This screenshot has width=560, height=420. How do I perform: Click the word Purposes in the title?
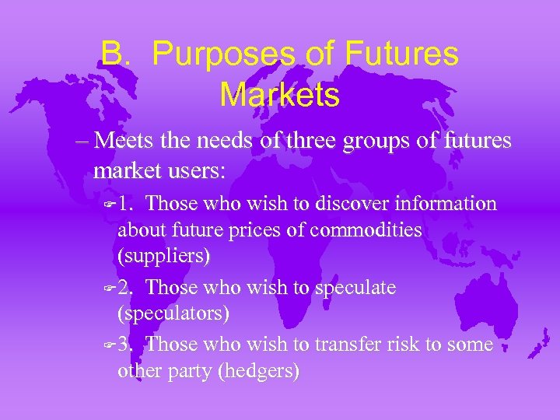point(223,54)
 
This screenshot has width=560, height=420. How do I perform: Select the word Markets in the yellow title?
point(280,95)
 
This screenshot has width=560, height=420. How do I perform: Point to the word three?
point(317,141)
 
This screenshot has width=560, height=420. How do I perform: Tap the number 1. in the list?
point(128,204)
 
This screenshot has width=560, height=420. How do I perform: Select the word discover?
point(354,204)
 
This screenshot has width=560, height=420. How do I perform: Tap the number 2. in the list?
point(128,288)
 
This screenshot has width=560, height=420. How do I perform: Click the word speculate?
point(355,288)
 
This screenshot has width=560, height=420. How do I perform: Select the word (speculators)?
point(173,313)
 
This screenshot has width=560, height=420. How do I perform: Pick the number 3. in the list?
point(128,344)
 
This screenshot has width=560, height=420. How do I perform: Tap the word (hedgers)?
point(259,370)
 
